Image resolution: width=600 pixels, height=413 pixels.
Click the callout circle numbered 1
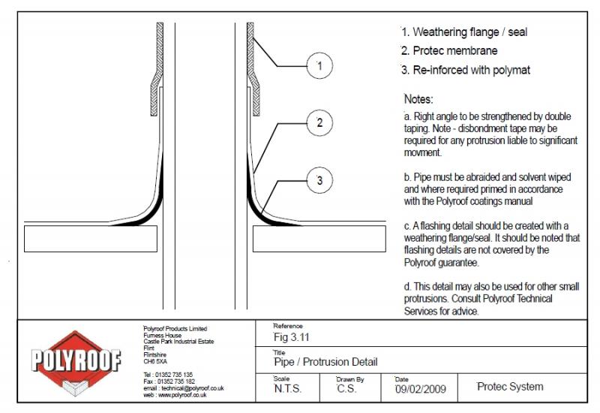pyautogui.click(x=319, y=67)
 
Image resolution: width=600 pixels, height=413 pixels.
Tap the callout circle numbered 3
pyautogui.click(x=319, y=180)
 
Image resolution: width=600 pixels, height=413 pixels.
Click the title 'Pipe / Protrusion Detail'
pyautogui.click(x=326, y=362)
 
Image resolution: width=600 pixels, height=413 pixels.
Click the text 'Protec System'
pyautogui.click(x=510, y=387)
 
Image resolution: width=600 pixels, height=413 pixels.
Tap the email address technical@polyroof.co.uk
pyautogui.click(x=184, y=387)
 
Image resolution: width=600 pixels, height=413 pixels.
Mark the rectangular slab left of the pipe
pyautogui.click(x=94, y=238)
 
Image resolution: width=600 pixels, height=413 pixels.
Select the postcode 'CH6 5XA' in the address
pyautogui.click(x=155, y=361)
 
